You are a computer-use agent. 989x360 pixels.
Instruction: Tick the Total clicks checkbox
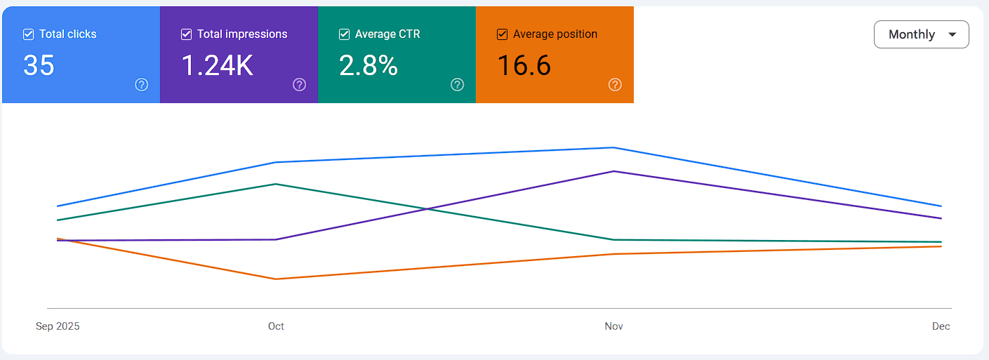coord(28,34)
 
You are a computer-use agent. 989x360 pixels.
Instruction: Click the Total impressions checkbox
coord(186,34)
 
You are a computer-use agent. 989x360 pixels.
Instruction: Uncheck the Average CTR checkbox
coord(345,34)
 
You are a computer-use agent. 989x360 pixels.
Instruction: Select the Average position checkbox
coord(502,34)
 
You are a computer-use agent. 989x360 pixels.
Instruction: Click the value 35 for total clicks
coord(39,65)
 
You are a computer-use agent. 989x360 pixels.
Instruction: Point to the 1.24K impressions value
coord(217,65)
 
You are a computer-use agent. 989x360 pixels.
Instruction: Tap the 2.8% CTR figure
coord(369,65)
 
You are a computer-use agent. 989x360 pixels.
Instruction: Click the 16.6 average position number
coord(524,65)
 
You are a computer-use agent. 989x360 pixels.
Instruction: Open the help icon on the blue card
coord(142,85)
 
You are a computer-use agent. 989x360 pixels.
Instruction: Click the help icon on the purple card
coord(299,85)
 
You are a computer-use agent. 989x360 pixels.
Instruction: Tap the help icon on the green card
coord(458,85)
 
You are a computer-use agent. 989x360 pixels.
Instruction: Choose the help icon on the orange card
coord(615,85)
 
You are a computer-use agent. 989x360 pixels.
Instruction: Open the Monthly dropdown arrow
coord(953,34)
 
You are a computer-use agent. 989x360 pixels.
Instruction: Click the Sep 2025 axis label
coord(58,326)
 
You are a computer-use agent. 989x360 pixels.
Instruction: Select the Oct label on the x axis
coord(276,326)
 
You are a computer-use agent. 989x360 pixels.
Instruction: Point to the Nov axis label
coord(613,326)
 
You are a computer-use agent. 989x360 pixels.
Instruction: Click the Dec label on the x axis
coord(941,326)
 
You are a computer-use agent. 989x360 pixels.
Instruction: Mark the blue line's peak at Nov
coord(613,147)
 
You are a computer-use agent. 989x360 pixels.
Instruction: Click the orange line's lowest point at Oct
coord(276,279)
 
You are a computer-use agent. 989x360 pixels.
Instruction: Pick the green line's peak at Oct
coord(276,184)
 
